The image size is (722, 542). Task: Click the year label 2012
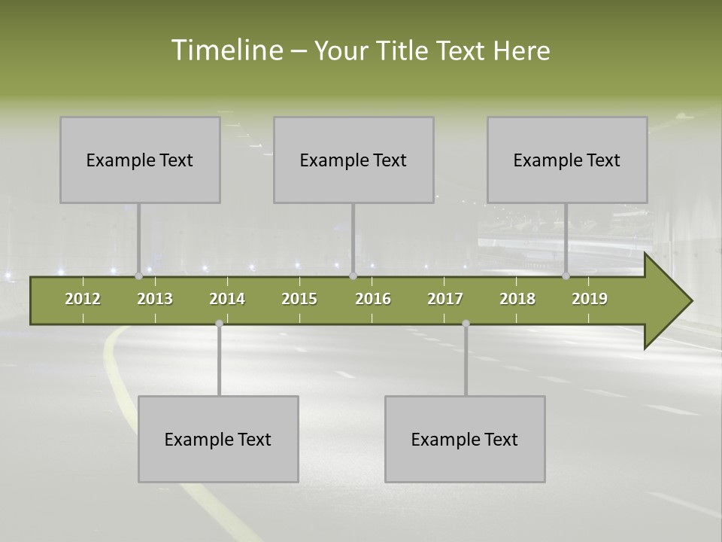click(x=83, y=299)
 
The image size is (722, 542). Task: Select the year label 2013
click(x=155, y=299)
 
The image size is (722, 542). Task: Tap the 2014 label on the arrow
click(x=227, y=299)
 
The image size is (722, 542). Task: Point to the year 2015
click(x=299, y=299)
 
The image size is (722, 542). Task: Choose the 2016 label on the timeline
click(x=373, y=299)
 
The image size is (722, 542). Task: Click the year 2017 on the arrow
click(x=445, y=299)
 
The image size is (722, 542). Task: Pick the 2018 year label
click(x=517, y=299)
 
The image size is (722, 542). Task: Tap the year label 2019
click(x=590, y=299)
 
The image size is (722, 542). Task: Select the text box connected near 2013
click(x=140, y=160)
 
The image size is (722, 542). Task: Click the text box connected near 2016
click(x=353, y=160)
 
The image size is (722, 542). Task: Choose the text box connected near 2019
click(x=567, y=160)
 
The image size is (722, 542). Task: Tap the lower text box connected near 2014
click(x=218, y=439)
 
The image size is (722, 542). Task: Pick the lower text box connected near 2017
click(x=465, y=439)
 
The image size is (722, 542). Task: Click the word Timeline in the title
click(x=226, y=50)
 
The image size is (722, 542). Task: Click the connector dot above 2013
click(x=138, y=276)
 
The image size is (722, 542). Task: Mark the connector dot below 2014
click(x=219, y=323)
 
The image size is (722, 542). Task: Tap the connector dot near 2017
click(x=466, y=323)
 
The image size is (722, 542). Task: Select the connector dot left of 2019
click(x=566, y=276)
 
